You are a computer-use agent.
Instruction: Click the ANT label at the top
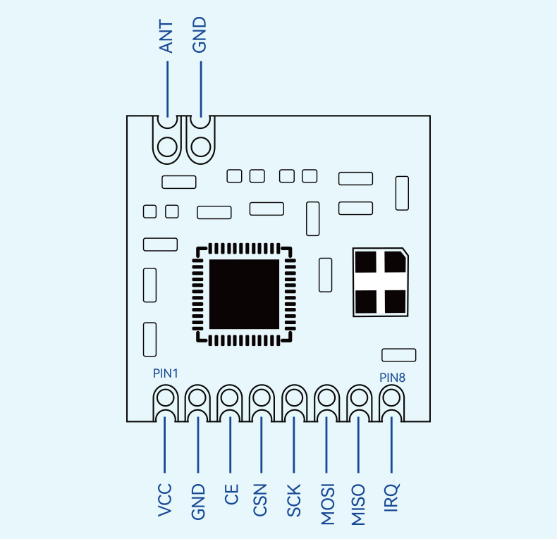[x=166, y=37]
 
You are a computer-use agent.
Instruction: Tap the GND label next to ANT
[x=200, y=35]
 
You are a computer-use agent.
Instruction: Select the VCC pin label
[x=165, y=500]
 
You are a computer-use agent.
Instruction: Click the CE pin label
[x=231, y=495]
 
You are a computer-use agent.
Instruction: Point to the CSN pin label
[x=259, y=500]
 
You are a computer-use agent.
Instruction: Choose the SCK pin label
[x=294, y=500]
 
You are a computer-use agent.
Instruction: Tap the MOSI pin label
[x=328, y=504]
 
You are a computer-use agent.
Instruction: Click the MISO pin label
[x=358, y=504]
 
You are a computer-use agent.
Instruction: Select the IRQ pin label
[x=392, y=497]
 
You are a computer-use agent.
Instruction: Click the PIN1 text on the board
[x=166, y=373]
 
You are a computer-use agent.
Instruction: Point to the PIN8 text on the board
[x=392, y=378]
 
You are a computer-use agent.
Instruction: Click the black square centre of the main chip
[x=244, y=294]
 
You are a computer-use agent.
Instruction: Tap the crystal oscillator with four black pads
[x=381, y=282]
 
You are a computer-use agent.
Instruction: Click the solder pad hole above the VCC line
[x=165, y=397]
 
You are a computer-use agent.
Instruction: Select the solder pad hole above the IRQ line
[x=392, y=397]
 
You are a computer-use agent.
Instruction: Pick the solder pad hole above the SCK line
[x=295, y=397]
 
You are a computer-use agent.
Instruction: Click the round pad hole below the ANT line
[x=167, y=147]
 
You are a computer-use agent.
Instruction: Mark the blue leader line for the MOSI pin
[x=326, y=445]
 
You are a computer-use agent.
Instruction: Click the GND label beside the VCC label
[x=198, y=502]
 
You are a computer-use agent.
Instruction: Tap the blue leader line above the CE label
[x=230, y=445]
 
